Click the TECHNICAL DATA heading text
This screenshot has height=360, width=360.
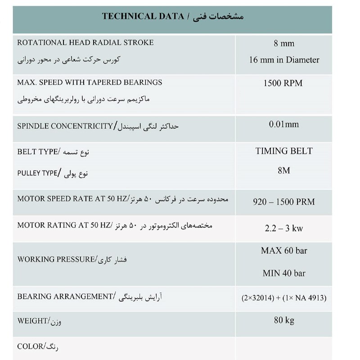143,17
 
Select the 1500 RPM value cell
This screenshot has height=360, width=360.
284,83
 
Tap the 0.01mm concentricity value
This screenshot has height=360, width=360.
284,125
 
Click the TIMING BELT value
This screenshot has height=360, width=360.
284,151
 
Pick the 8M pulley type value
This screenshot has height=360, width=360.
284,171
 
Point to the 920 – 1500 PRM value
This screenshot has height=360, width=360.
284,202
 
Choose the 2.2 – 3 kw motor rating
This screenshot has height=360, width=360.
284,228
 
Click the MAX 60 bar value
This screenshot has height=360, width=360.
284,251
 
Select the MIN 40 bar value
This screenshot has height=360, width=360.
284,273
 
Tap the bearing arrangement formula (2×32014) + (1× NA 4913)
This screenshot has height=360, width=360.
284,298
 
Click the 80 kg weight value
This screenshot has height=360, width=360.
284,320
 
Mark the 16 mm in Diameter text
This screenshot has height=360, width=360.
284,60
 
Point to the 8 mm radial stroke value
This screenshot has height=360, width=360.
284,44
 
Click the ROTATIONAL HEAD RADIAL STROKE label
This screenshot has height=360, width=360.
85,43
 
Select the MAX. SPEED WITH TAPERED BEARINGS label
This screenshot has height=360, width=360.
90,83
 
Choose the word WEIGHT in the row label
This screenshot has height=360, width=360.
32,321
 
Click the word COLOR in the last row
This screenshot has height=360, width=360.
30,346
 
